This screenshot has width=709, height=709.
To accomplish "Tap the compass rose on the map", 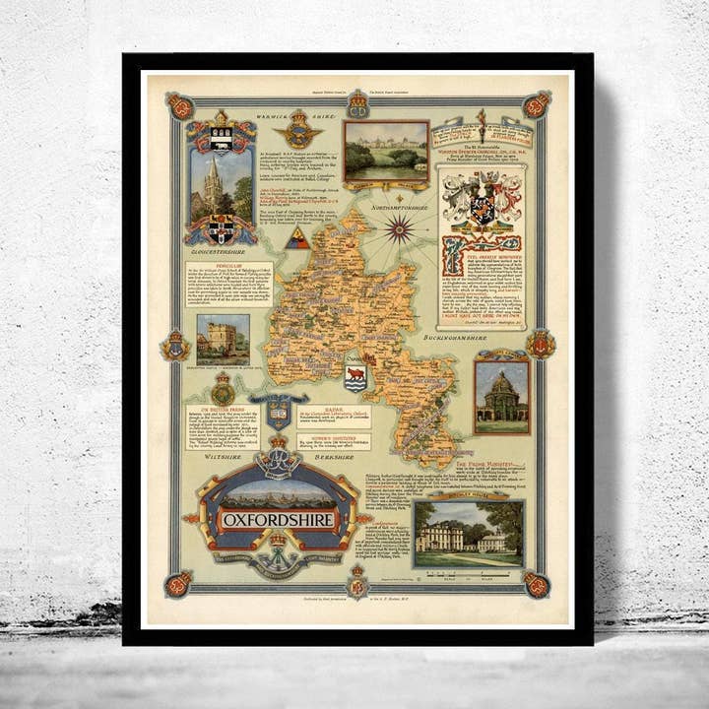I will coord(400,229).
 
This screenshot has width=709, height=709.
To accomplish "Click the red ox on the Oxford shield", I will coord(354,375).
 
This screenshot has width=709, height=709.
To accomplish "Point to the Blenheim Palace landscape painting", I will coord(386,149).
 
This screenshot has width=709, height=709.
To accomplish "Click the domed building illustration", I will coord(502,392).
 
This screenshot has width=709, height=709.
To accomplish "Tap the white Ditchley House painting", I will coord(467,534).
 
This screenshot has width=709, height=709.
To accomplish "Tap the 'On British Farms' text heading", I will coord(222,407).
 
